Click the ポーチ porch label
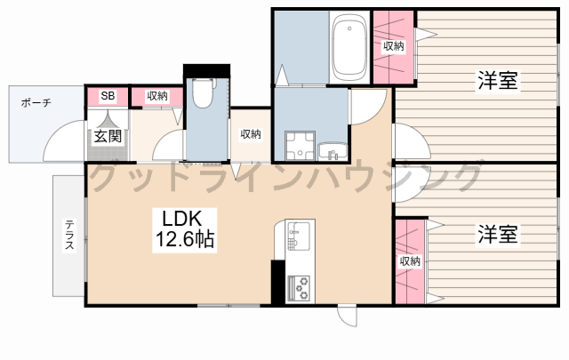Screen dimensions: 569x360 pos(36,103)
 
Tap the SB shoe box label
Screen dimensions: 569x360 pos(108,96)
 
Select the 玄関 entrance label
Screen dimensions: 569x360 pos(108,136)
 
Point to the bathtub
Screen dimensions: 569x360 pos(349,47)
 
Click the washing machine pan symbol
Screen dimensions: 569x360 pos(300,146)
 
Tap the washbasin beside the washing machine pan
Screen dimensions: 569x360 pos(333,151)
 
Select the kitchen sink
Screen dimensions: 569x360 pos(299,236)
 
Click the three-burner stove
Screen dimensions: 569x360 pos(299,288)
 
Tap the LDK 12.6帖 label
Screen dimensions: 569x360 pos(184,229)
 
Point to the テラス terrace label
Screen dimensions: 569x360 pos(69,235)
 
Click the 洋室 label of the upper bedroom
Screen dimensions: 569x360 pos(498,80)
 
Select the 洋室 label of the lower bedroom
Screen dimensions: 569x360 pos(498,234)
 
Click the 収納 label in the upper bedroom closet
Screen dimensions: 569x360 pos(393,46)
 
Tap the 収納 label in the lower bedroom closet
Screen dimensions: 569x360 pos(410,261)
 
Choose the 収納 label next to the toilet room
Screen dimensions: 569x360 pos(251,134)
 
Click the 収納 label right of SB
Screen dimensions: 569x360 pos(157,96)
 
